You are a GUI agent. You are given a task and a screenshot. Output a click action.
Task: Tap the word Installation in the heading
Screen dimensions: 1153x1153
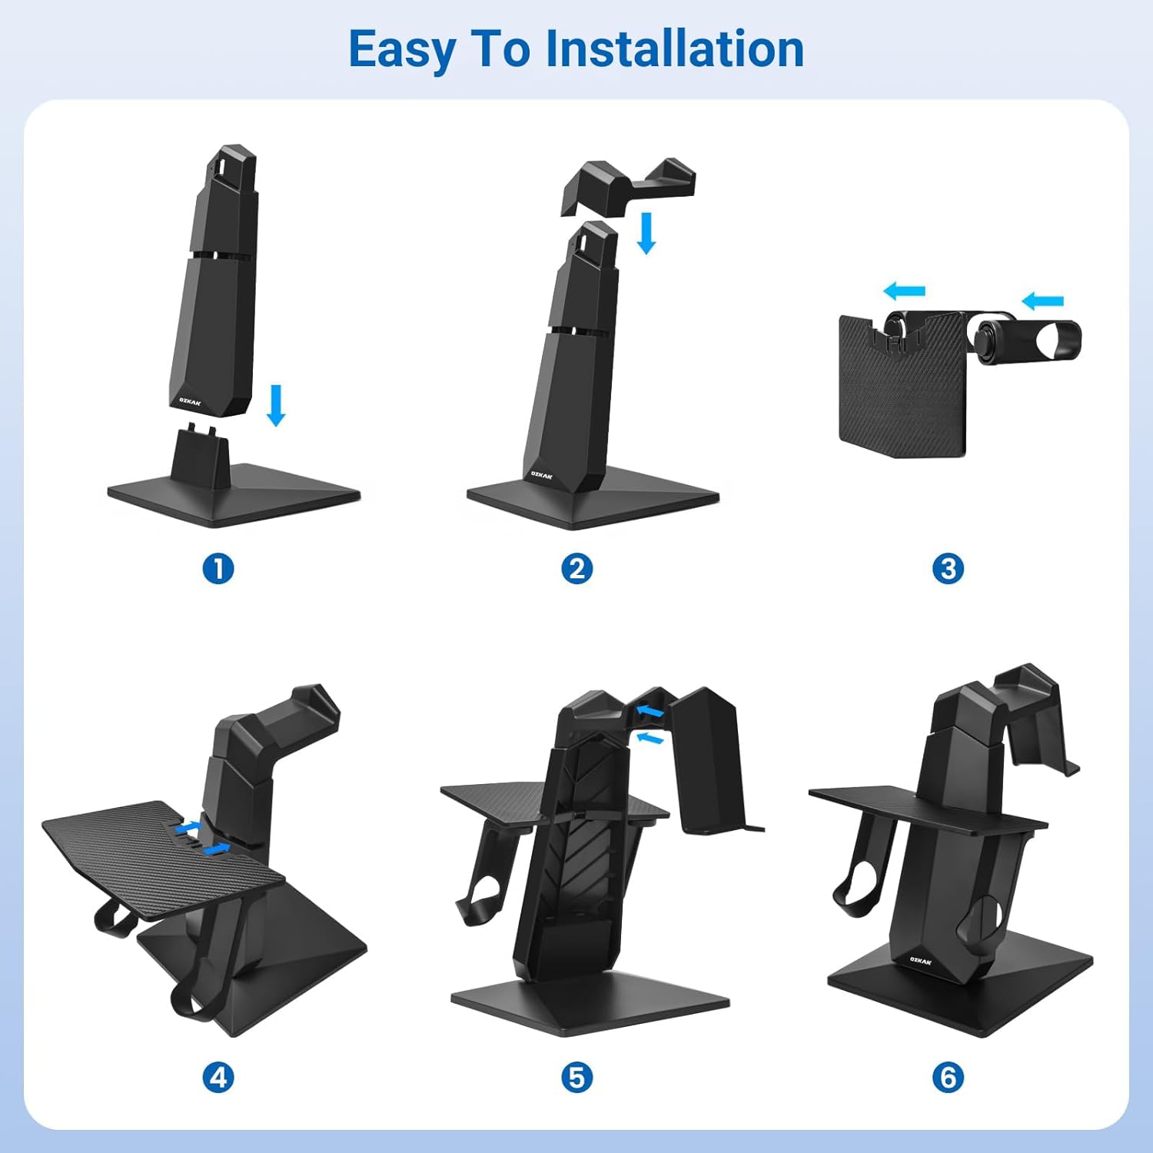tap(675, 48)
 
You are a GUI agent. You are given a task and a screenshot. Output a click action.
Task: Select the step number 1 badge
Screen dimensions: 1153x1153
tap(218, 569)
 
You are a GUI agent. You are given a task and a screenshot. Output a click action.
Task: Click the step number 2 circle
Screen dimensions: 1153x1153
tap(577, 569)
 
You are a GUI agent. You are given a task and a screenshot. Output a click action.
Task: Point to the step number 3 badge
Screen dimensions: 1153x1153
tap(948, 569)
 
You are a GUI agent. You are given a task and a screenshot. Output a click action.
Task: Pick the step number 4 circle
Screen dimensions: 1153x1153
tap(218, 1077)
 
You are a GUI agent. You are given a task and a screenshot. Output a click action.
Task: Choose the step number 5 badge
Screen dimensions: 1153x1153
tap(577, 1077)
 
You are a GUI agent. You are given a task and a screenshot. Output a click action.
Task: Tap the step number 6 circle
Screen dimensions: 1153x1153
tap(948, 1077)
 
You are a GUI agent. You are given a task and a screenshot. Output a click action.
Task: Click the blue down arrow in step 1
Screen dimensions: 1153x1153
tap(276, 406)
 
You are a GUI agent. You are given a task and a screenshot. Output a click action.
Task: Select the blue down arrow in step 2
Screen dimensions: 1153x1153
tap(647, 234)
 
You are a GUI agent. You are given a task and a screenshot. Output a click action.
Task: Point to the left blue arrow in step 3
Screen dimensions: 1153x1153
tap(904, 291)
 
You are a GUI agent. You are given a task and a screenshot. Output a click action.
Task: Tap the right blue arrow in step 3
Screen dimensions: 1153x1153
tap(1042, 301)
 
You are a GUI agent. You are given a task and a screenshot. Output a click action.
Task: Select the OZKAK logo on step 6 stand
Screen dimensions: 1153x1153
tap(920, 960)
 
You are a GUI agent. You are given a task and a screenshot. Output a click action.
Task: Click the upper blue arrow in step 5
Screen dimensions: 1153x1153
tap(650, 713)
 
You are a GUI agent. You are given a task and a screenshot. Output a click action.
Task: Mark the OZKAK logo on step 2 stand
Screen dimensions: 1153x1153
tap(542, 475)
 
